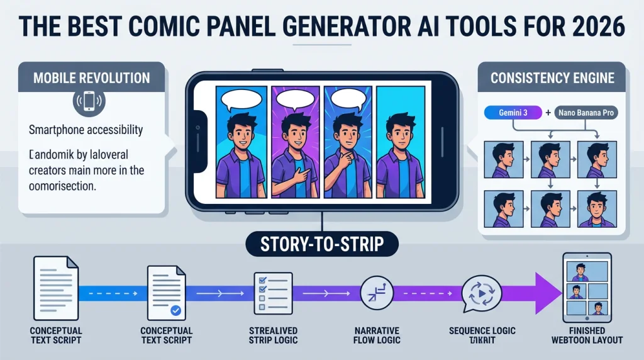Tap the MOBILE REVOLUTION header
point(91,79)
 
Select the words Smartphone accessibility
point(86,131)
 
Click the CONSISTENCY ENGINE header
point(552,79)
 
